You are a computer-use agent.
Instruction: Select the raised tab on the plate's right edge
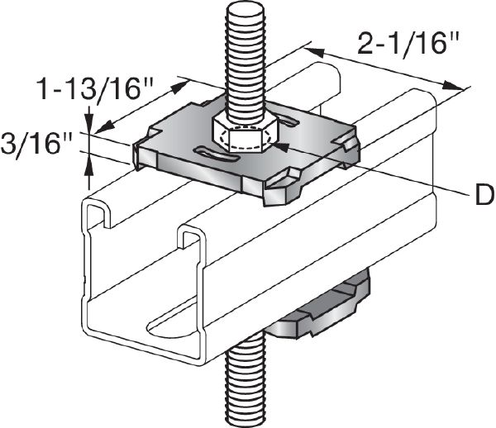(x=351, y=147)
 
